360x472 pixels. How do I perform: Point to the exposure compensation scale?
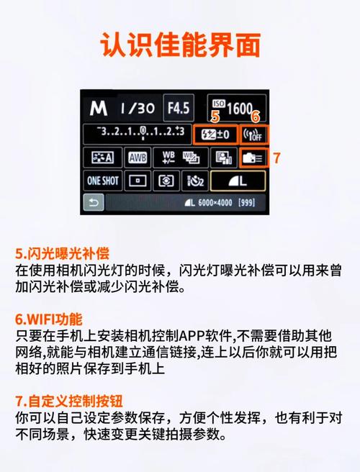click(x=143, y=133)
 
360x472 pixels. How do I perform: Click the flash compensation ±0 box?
click(x=217, y=134)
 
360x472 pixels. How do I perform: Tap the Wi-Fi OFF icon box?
click(x=255, y=134)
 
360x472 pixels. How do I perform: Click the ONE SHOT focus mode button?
click(x=103, y=181)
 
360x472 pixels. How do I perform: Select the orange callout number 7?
click(x=276, y=156)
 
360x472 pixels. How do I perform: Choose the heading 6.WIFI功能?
click(x=49, y=318)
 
